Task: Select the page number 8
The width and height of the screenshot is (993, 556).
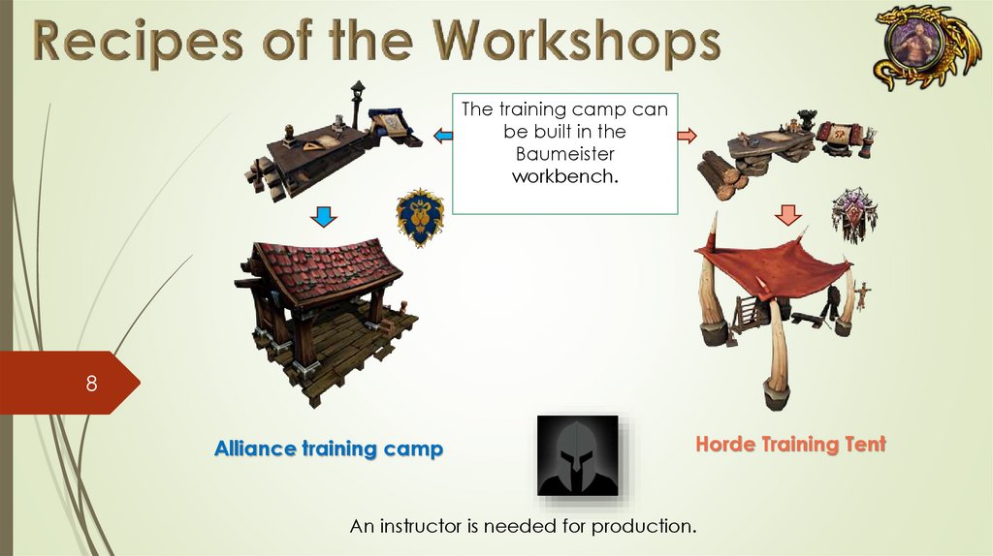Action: [x=92, y=384]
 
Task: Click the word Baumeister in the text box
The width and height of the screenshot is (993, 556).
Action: [x=565, y=154]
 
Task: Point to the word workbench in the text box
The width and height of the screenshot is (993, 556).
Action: [x=565, y=176]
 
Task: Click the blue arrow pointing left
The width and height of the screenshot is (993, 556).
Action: [x=442, y=136]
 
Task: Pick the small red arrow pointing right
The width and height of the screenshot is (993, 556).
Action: [x=688, y=136]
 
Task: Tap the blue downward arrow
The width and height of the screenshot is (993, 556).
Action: [x=324, y=216]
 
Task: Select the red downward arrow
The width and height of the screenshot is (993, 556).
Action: [x=787, y=215]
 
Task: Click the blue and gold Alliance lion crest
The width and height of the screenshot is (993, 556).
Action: [x=420, y=217]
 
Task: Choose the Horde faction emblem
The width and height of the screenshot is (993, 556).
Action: [x=854, y=214]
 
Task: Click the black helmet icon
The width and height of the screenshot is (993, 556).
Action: [x=578, y=455]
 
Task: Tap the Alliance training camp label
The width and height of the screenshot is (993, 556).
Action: [x=329, y=448]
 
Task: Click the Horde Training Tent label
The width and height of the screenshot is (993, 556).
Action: [x=791, y=444]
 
